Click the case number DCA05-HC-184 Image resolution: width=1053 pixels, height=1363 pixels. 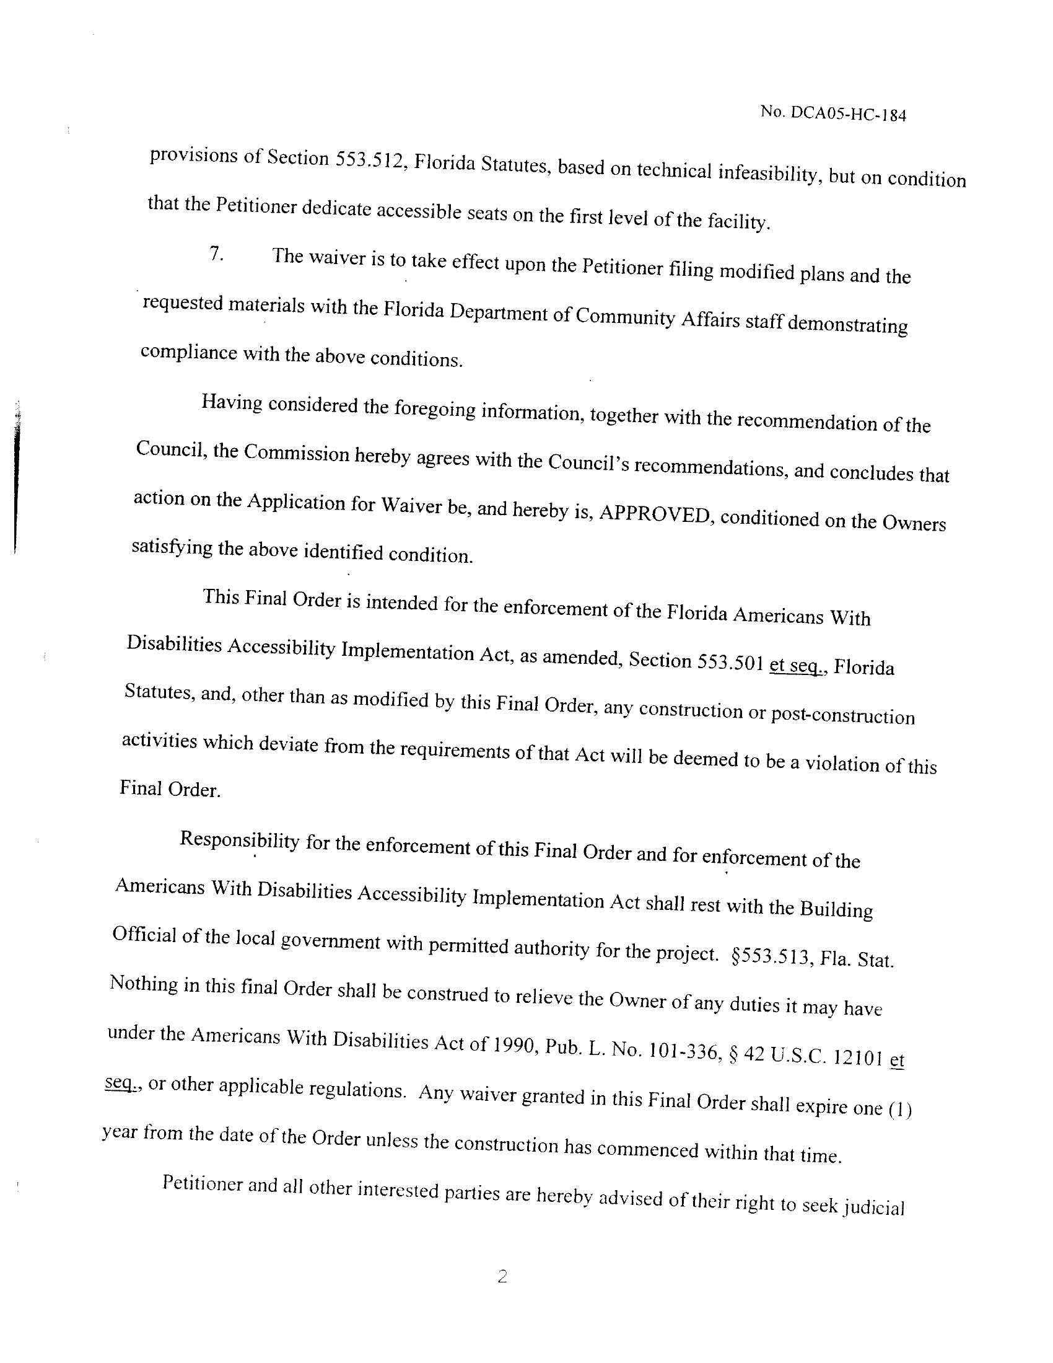tap(848, 114)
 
